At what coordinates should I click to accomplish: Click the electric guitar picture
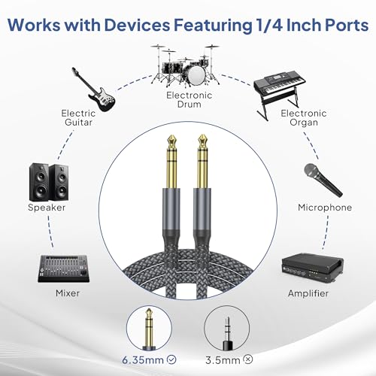96,92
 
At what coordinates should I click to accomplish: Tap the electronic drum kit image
186,65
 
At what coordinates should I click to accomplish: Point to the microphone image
323,180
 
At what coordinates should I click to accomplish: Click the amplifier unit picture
313,268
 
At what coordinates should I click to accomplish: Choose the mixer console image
64,268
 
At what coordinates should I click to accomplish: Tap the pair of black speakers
49,182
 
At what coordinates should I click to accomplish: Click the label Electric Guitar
78,117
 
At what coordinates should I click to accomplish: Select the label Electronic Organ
304,117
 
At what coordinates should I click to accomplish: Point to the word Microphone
325,208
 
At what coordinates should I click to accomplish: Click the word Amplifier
308,293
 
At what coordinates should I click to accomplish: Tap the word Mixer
68,293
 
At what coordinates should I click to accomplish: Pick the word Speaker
47,208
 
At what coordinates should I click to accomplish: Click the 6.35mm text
143,360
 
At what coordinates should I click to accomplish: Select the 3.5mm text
223,360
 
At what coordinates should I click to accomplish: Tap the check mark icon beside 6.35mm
171,359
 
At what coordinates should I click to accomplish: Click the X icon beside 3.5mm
248,359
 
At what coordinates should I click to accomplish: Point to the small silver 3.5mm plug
227,333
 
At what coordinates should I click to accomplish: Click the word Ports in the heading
347,25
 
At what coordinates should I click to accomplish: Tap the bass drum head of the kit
196,75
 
